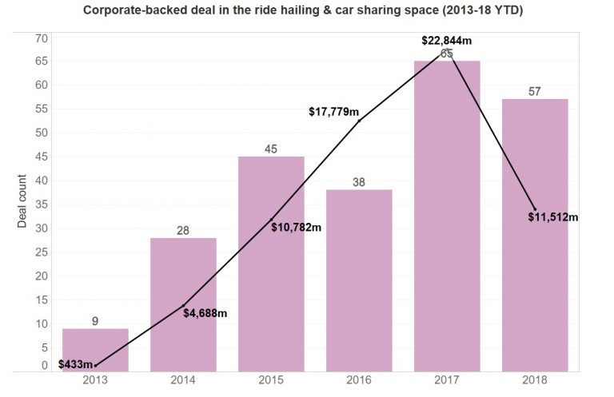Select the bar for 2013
tap(95, 350)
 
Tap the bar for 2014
tap(183, 304)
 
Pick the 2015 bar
tap(271, 264)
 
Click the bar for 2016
tap(359, 280)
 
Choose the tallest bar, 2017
tap(447, 216)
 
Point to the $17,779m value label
tap(334, 112)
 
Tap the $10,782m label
tap(297, 228)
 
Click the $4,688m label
tap(205, 313)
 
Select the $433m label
tap(75, 364)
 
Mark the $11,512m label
tap(553, 216)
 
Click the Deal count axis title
tap(22, 201)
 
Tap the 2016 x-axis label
tap(359, 381)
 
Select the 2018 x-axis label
tap(535, 381)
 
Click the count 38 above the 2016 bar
tap(359, 182)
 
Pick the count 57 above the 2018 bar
tap(535, 91)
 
